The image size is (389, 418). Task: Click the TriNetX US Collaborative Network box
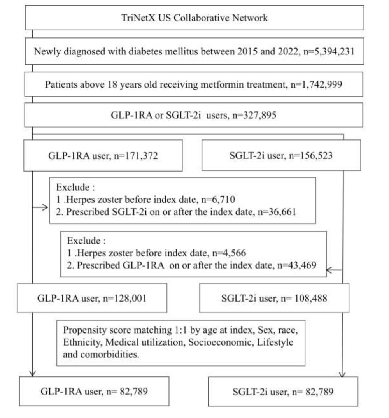point(194,18)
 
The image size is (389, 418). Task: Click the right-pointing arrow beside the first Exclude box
point(40,208)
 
